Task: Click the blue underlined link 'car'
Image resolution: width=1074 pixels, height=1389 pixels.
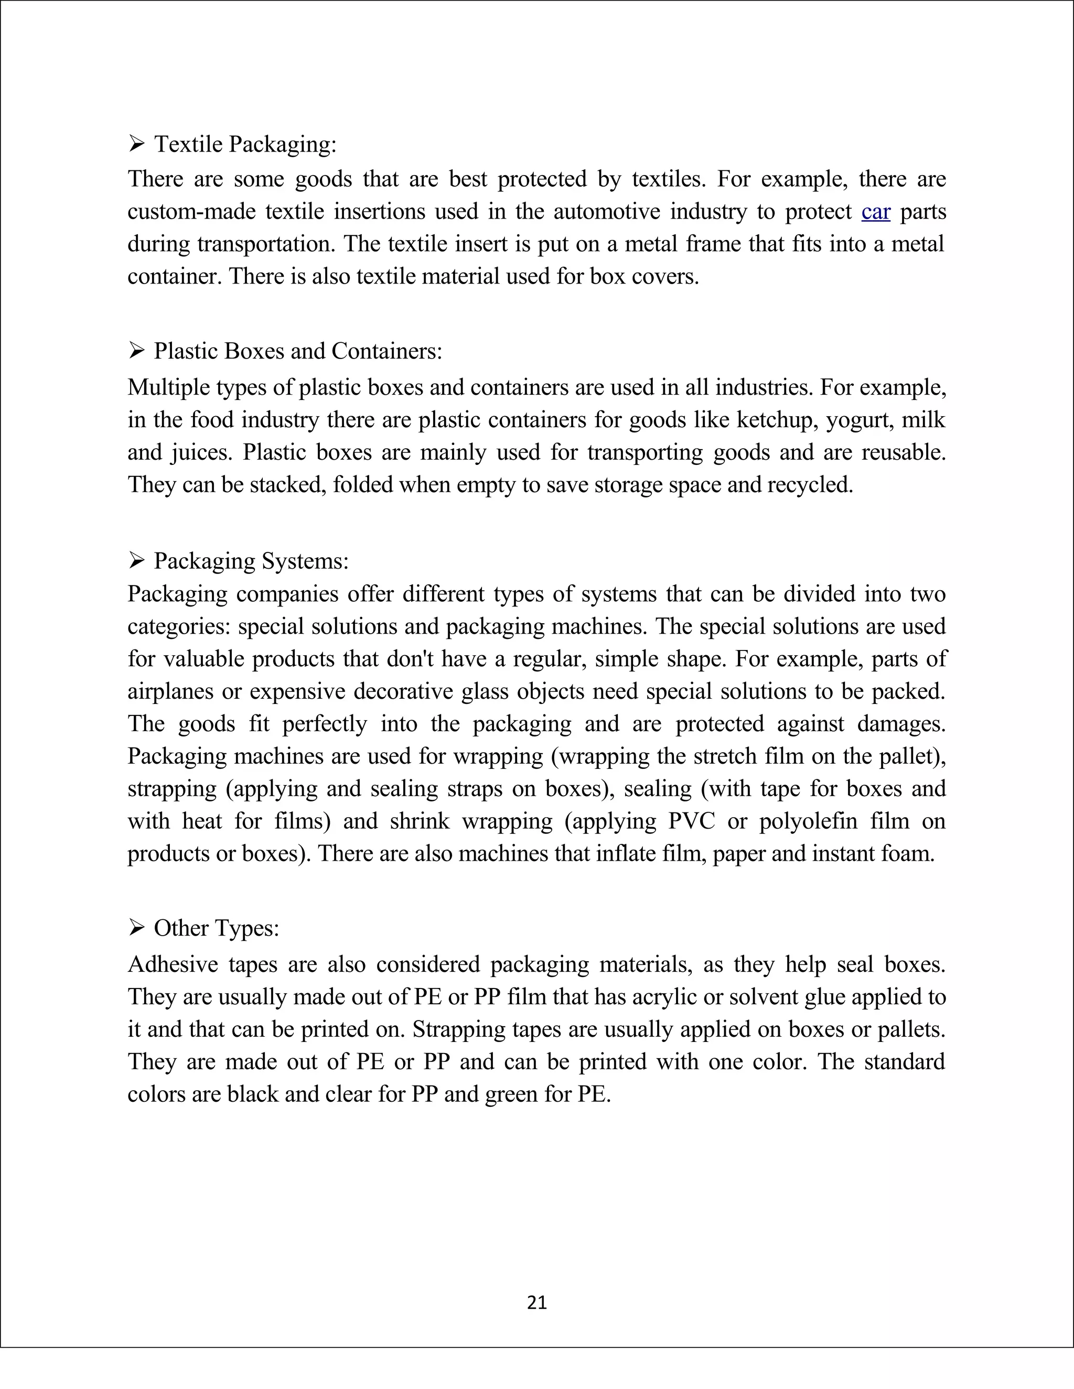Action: [x=875, y=212]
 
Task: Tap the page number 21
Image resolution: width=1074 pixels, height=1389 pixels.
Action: [x=537, y=1303]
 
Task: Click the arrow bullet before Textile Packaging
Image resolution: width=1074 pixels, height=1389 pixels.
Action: [x=136, y=144]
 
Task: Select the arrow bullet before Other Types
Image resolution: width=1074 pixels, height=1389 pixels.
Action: [x=136, y=928]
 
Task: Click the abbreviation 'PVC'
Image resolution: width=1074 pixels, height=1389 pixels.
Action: [x=692, y=821]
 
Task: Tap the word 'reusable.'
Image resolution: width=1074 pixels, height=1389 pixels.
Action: [x=904, y=452]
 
